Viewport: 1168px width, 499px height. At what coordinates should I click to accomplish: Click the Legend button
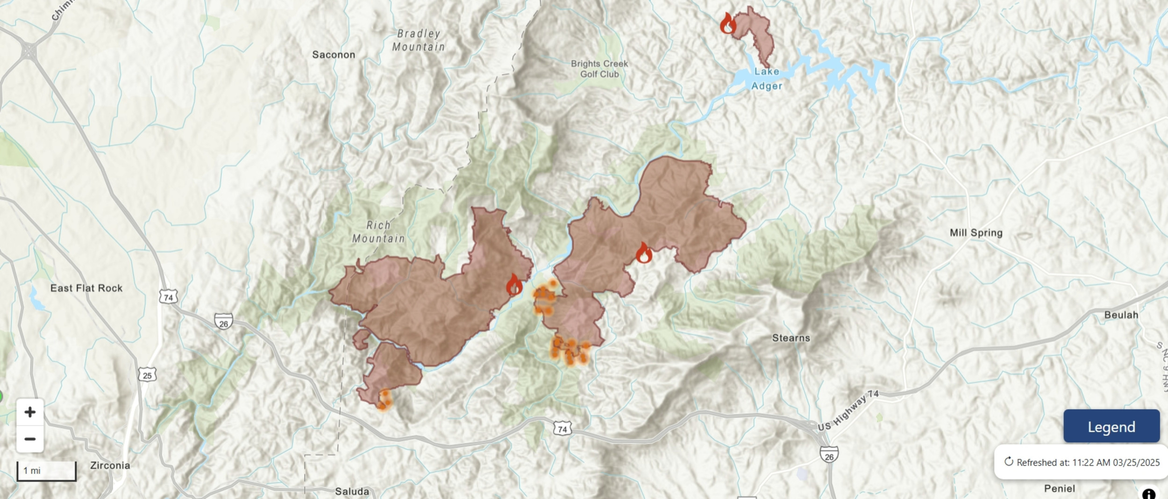pyautogui.click(x=1111, y=426)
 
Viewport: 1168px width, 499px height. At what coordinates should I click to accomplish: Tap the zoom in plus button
pyautogui.click(x=30, y=412)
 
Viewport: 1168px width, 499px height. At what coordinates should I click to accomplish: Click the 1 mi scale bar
pyautogui.click(x=46, y=470)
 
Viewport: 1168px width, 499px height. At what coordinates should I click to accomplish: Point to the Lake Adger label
pyautogui.click(x=766, y=79)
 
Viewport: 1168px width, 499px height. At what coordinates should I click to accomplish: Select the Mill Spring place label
pyautogui.click(x=976, y=232)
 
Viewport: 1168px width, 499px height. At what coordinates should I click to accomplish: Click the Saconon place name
pyautogui.click(x=333, y=55)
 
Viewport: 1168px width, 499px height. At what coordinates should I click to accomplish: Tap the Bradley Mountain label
pyautogui.click(x=418, y=40)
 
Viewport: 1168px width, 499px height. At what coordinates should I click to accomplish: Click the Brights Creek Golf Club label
pyautogui.click(x=599, y=69)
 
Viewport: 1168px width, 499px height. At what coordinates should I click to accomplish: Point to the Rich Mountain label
pyautogui.click(x=378, y=232)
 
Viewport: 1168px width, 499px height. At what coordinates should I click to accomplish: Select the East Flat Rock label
pyautogui.click(x=86, y=288)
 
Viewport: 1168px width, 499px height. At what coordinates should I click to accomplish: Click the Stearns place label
pyautogui.click(x=791, y=338)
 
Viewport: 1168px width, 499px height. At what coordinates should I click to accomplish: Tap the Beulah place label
pyautogui.click(x=1121, y=315)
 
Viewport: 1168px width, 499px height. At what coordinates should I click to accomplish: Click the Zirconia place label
pyautogui.click(x=110, y=465)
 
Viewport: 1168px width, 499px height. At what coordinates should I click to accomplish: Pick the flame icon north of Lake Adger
pyautogui.click(x=727, y=23)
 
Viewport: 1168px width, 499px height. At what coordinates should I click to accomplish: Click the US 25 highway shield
pyautogui.click(x=147, y=375)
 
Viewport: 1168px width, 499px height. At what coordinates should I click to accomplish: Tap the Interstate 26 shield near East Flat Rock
pyautogui.click(x=223, y=322)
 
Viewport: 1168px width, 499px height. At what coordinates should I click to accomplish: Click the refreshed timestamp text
pyautogui.click(x=1088, y=463)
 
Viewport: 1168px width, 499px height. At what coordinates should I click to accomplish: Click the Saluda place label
pyautogui.click(x=352, y=492)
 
